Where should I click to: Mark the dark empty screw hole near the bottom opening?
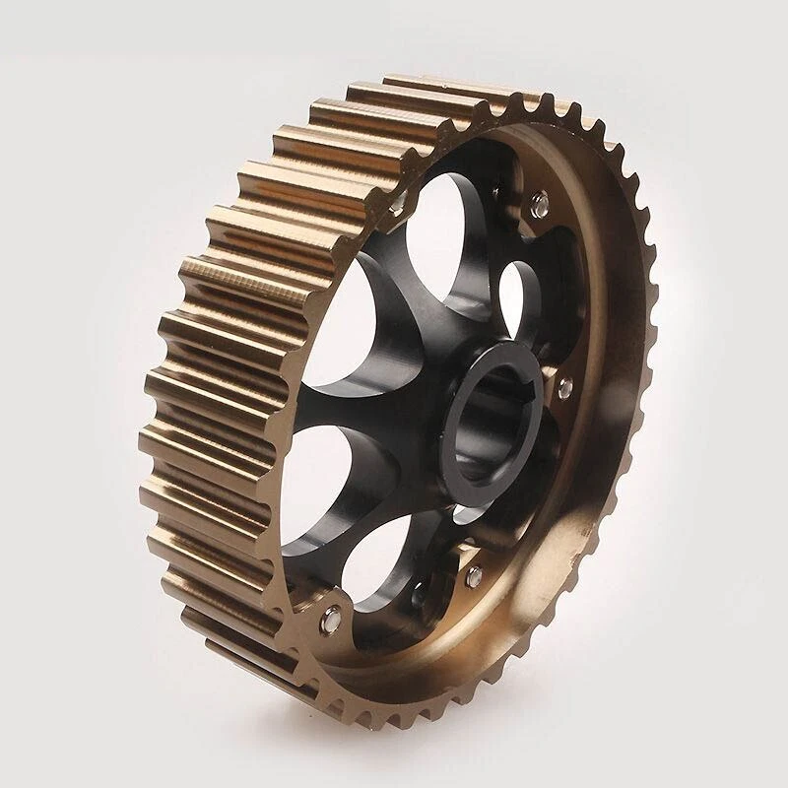[x=422, y=591]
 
